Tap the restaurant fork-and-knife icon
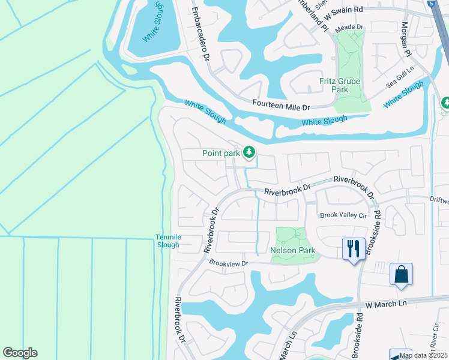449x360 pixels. tap(353, 247)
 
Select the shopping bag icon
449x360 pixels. tap(400, 274)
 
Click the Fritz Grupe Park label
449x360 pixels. tap(340, 85)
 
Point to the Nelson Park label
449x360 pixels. tap(293, 250)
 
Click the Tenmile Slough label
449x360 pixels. tap(167, 241)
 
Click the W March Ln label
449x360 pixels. tap(385, 304)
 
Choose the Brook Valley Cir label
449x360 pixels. tap(343, 215)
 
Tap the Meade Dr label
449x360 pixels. tap(349, 27)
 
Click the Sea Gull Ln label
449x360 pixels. tap(400, 78)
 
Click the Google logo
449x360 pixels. tap(20, 353)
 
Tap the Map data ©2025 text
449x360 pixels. tap(423, 355)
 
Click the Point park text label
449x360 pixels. tap(221, 154)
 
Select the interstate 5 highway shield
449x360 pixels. tap(432, 3)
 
